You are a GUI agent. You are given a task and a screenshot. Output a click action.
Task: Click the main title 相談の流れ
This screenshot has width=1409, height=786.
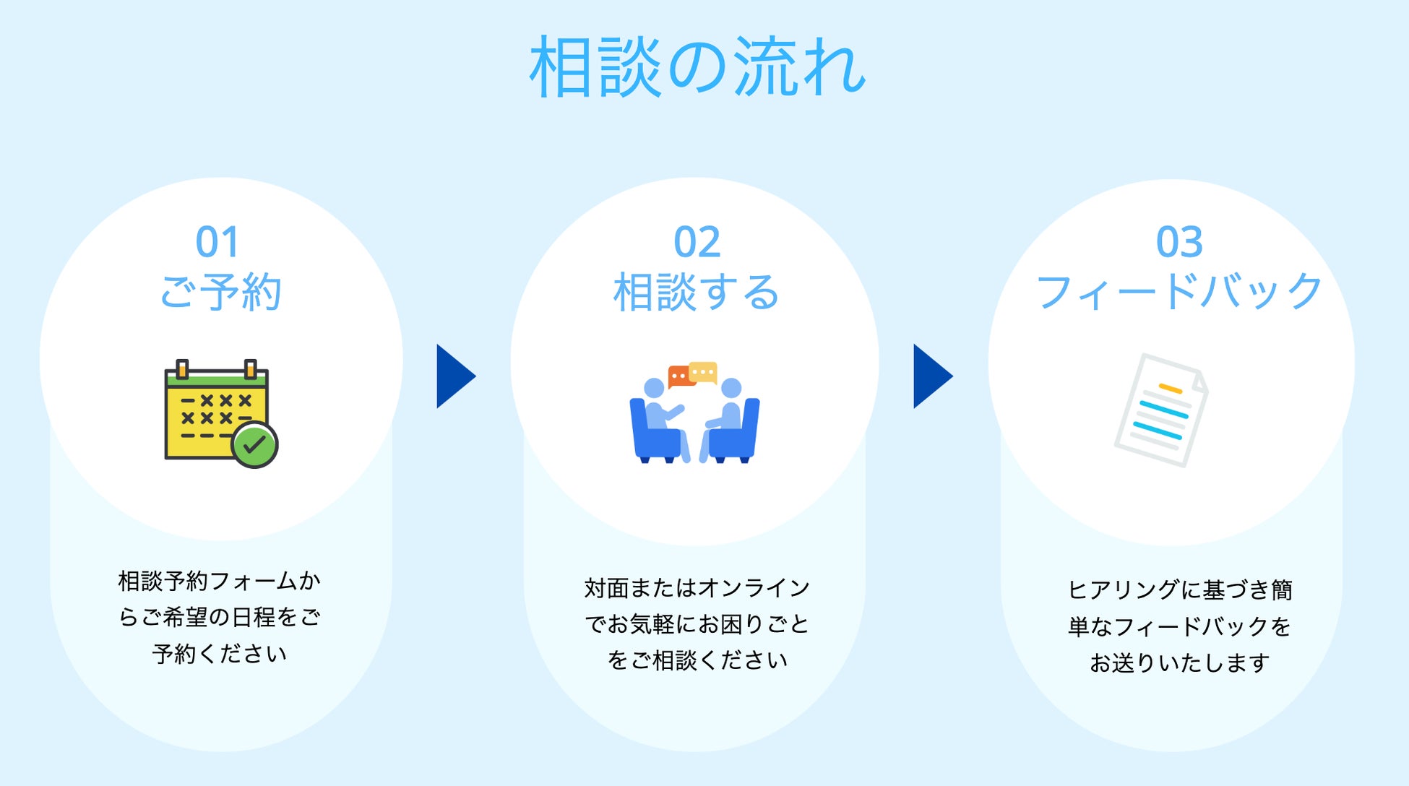697,67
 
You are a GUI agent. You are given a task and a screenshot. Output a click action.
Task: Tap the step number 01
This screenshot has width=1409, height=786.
217,242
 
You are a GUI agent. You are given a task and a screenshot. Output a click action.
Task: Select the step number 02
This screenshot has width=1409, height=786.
697,242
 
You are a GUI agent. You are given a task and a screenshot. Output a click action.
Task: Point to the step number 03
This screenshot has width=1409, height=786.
1179,242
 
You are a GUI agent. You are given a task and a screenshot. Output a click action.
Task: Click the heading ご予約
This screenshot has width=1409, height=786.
220,293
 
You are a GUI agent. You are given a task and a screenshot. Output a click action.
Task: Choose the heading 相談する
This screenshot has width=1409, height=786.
696,293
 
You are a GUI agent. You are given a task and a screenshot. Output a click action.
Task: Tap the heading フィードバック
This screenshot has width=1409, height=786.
1179,293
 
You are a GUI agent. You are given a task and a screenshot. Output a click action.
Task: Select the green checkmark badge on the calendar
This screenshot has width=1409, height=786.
254,445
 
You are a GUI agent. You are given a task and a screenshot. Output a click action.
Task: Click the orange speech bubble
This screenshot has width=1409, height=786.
679,376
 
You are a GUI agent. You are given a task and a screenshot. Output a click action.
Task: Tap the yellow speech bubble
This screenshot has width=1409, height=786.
703,372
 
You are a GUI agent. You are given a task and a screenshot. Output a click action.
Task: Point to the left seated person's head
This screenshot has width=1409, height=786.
654,388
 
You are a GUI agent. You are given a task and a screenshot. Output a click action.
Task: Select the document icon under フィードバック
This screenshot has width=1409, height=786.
1160,410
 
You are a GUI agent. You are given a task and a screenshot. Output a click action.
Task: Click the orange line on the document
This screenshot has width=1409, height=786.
1171,389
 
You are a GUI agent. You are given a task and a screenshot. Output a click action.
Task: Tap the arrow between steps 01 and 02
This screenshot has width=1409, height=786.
454,376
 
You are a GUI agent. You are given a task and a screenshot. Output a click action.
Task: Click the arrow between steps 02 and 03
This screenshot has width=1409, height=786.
931,376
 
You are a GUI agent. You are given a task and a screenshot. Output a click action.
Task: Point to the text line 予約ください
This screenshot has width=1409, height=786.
220,654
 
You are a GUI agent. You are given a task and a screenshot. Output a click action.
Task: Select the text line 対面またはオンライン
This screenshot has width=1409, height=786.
697,588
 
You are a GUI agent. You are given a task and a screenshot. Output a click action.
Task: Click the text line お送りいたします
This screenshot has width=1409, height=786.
1179,662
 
